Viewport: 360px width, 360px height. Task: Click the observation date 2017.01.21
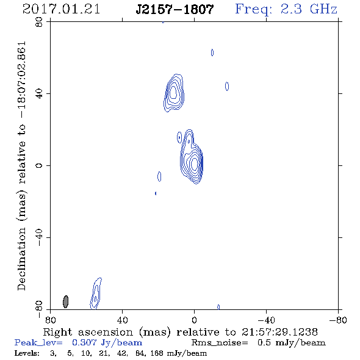click(61, 9)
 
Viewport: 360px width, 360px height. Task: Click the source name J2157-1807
click(175, 9)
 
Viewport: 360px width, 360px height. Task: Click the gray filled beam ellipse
click(66, 301)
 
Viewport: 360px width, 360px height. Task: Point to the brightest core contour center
click(194, 164)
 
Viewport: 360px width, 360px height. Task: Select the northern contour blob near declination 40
click(174, 93)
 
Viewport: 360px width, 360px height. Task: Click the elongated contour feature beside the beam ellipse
click(96, 294)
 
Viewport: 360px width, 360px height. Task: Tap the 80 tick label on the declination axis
click(39, 22)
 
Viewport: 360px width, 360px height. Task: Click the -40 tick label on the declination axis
click(39, 237)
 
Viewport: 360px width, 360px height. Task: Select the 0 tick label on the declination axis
click(39, 165)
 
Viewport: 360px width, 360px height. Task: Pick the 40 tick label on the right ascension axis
click(122, 320)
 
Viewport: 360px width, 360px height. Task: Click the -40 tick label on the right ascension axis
click(266, 320)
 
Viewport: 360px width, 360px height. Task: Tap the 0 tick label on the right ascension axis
click(194, 320)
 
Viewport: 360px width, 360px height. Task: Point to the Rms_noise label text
click(220, 343)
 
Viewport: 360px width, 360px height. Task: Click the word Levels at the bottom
click(27, 353)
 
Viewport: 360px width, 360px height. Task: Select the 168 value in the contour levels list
click(157, 353)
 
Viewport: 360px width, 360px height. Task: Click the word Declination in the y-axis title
click(21, 259)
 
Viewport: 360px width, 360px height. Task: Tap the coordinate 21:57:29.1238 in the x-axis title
click(279, 332)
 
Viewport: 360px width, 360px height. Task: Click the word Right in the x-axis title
click(57, 333)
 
